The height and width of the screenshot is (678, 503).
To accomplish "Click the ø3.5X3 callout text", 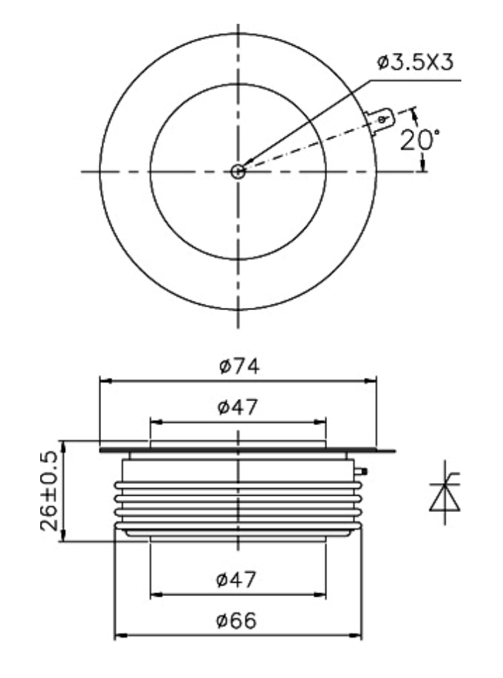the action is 415,62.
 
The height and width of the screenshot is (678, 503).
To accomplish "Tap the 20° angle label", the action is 420,140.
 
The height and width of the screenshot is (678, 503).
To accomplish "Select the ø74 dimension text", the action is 239,367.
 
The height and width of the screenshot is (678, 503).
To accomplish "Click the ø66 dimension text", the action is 236,621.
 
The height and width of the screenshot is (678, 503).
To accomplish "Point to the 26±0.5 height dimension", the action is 49,491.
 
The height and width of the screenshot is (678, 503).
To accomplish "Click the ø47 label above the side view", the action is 237,407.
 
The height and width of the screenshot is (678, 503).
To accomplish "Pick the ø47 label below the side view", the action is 236,579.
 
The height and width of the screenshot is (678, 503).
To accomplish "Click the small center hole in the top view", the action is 238,172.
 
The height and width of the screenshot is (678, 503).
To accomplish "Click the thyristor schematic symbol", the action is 445,492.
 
